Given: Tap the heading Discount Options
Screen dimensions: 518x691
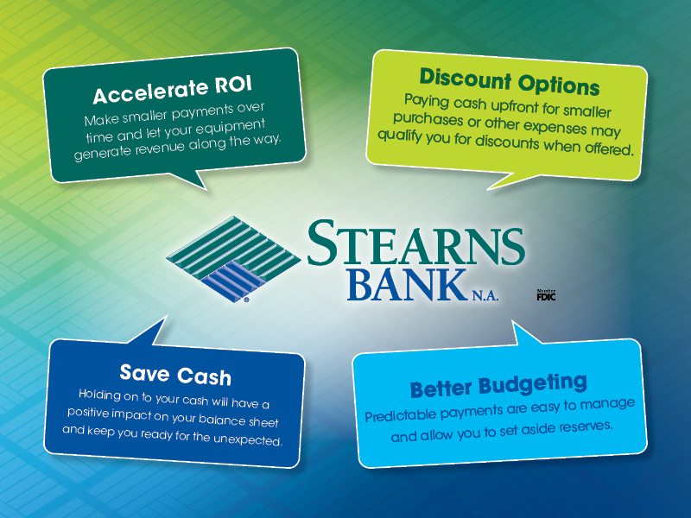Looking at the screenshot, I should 510,85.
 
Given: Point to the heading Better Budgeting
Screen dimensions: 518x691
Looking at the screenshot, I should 498,384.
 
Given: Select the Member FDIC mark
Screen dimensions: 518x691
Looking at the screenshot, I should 546,295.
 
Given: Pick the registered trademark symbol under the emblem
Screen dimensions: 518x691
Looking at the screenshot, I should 246,301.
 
